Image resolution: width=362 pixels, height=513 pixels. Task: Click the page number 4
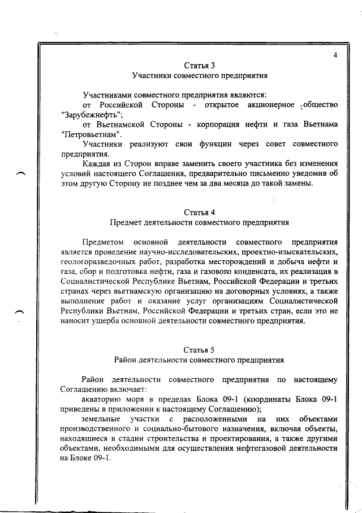pos(335,55)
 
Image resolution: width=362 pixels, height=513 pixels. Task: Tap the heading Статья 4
pos(199,213)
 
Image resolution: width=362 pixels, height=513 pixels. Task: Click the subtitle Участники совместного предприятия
pos(199,75)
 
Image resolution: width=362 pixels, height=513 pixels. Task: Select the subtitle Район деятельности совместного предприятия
pos(199,359)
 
